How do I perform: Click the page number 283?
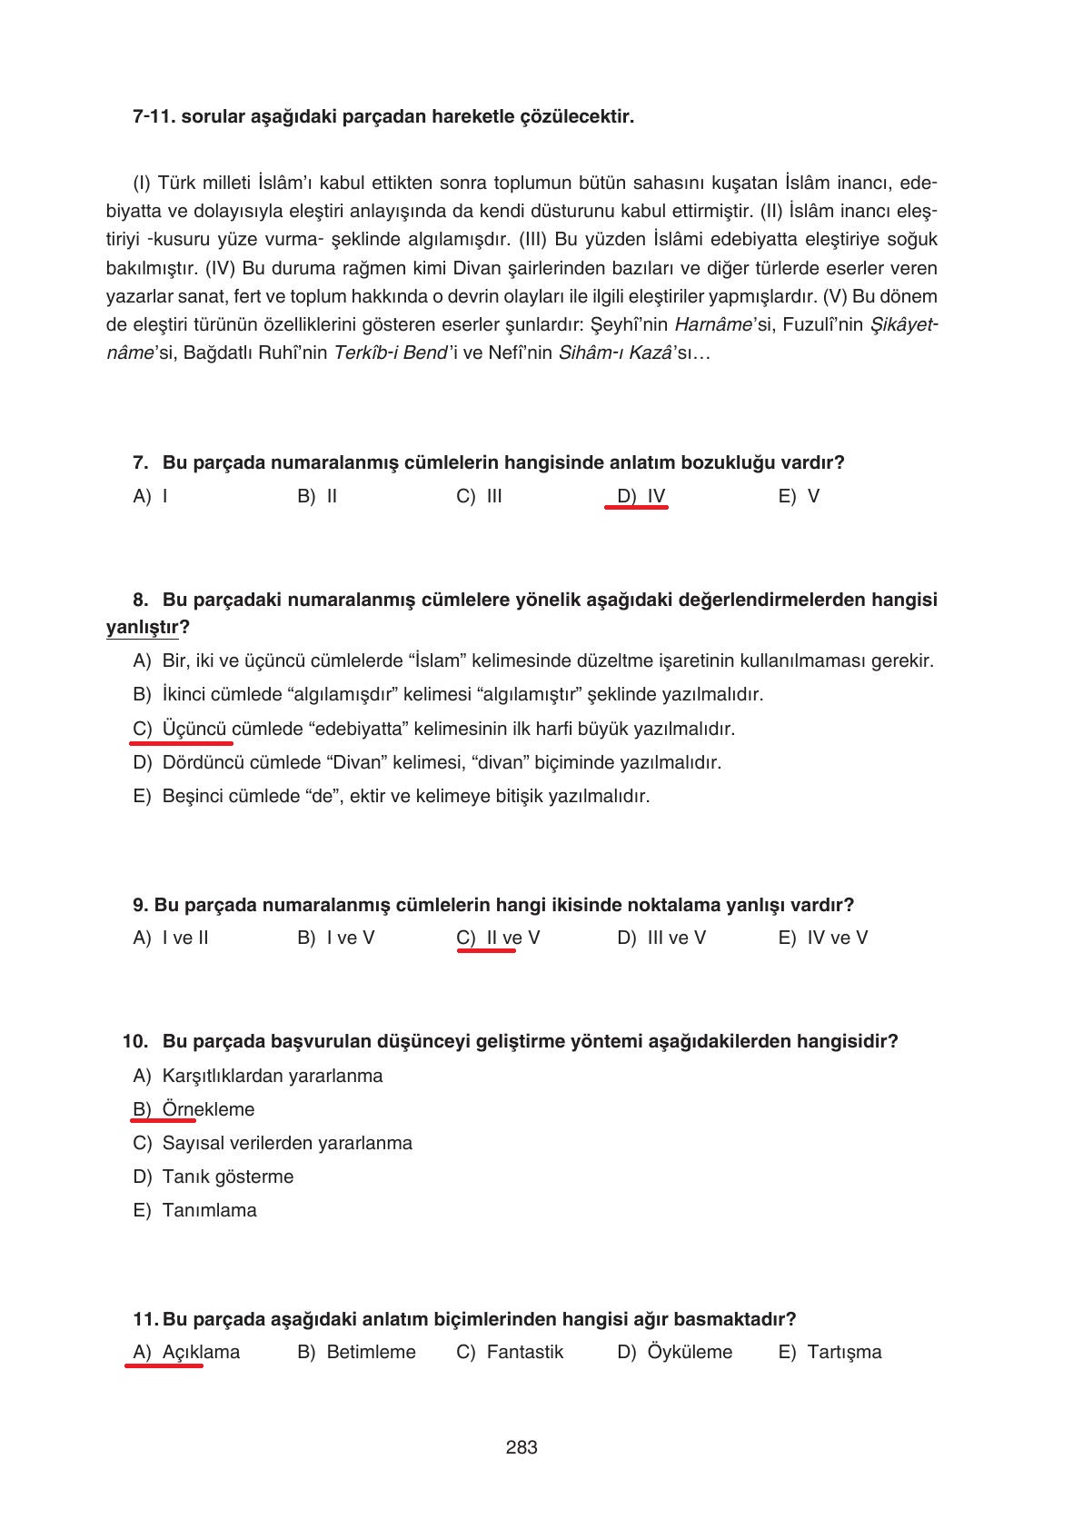(522, 1447)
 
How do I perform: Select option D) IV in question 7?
(641, 496)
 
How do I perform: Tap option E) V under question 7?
(799, 496)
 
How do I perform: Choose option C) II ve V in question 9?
(498, 938)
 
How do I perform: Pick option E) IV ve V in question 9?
(822, 938)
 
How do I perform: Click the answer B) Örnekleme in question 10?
(194, 1109)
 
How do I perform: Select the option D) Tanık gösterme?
(214, 1177)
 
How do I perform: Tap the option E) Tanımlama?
(194, 1210)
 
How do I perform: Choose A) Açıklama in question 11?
(186, 1352)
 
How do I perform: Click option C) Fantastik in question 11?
(510, 1352)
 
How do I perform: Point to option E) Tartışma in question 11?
(830, 1352)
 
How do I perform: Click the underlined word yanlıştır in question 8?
(142, 628)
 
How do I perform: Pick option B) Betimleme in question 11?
(356, 1352)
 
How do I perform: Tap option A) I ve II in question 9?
(171, 938)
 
